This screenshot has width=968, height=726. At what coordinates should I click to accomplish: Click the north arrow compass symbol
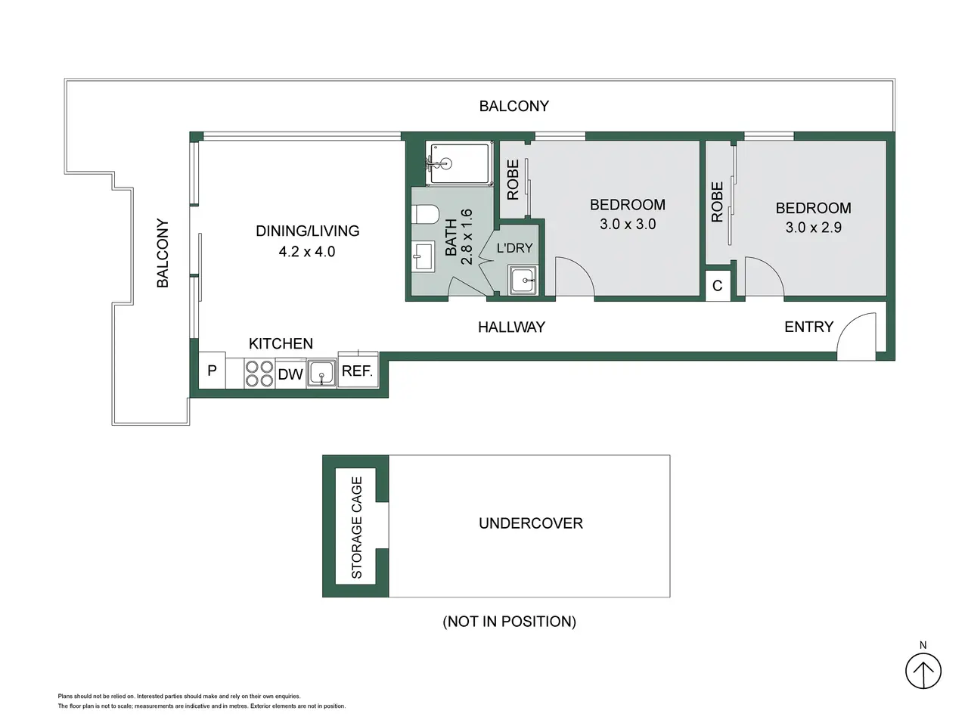pos(923,671)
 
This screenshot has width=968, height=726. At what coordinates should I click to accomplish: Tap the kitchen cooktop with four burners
pos(259,374)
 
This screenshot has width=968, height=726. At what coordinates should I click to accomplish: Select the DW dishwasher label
pos(290,374)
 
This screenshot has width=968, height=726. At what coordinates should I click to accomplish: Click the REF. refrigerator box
pos(358,371)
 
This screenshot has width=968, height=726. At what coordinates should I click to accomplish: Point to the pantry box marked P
pos(212,370)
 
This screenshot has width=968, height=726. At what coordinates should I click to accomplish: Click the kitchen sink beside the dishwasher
pos(321,374)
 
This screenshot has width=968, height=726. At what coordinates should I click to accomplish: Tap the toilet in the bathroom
pos(426,215)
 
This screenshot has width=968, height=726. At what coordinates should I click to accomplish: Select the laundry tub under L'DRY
pos(523,280)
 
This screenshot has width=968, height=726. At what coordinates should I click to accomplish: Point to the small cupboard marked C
pos(718,286)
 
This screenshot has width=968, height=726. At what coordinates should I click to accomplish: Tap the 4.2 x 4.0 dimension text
pos(307,252)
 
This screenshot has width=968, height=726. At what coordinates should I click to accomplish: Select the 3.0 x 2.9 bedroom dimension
pos(813,228)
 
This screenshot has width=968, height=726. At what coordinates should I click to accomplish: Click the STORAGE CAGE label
pos(356,527)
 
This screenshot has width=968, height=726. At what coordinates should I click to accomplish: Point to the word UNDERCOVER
pos(531,523)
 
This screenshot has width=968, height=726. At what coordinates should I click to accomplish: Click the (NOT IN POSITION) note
pos(510,622)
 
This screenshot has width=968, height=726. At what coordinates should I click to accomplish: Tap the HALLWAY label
pos(511,327)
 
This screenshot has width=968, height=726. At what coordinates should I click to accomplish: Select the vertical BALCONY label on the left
pos(163,253)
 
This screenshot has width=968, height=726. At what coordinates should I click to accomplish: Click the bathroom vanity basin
pos(423,256)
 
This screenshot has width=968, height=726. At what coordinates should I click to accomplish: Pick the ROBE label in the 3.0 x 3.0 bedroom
pos(513,179)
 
